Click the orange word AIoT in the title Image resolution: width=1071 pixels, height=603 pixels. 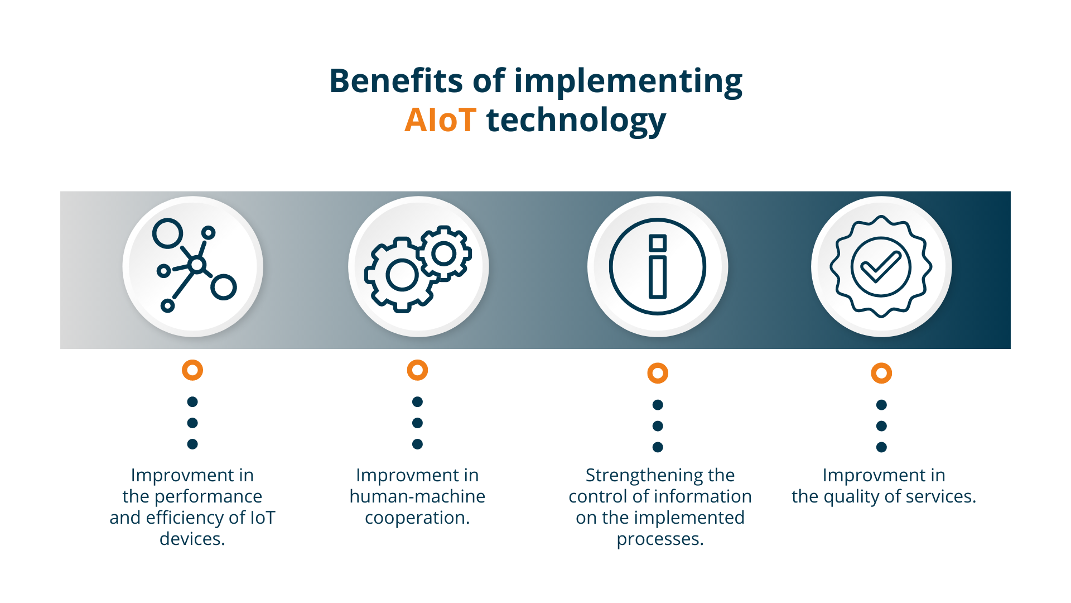tap(440, 119)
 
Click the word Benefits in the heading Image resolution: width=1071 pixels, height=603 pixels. tap(396, 80)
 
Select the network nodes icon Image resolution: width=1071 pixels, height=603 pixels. tap(194, 265)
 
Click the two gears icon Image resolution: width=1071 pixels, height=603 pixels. tap(418, 269)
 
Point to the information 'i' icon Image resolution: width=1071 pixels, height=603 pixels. tap(658, 266)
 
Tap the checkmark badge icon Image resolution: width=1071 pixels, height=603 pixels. tap(881, 267)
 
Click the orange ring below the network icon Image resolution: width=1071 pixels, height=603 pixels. tap(192, 370)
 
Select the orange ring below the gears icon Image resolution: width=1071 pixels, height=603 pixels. tap(417, 370)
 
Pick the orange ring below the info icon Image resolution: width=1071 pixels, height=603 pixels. tap(658, 373)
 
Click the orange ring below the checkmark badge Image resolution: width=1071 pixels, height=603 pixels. tap(881, 373)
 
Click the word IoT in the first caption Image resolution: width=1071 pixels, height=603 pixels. tap(263, 518)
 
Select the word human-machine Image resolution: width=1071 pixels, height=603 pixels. tap(417, 496)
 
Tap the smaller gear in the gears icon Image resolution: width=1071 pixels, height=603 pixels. tap(445, 253)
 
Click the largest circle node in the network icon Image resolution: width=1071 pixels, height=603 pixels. tap(167, 233)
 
